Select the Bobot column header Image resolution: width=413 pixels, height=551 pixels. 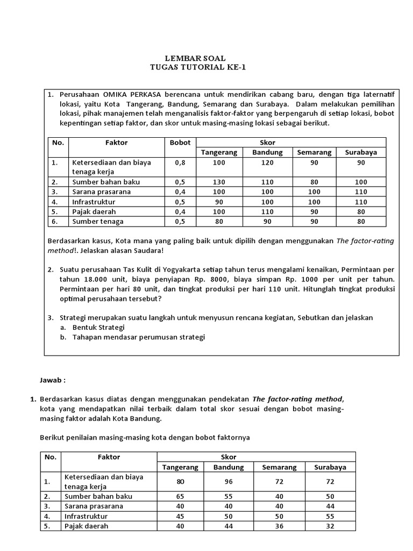pyautogui.click(x=180, y=143)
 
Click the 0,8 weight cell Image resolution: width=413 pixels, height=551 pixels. pyautogui.click(x=180, y=161)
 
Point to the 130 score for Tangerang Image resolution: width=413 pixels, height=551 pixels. pyautogui.click(x=219, y=182)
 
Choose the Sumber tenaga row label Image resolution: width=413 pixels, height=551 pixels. pyautogui.click(x=98, y=221)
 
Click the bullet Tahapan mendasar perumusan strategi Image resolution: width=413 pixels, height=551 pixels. pyautogui.click(x=138, y=337)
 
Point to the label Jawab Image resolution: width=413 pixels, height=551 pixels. pyautogui.click(x=53, y=379)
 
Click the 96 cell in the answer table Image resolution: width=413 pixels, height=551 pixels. pyautogui.click(x=229, y=482)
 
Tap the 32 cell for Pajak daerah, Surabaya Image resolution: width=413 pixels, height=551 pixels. pyautogui.click(x=330, y=526)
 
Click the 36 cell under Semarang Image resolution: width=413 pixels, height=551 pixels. pyautogui.click(x=279, y=526)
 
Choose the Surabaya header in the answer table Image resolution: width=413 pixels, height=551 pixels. pyautogui.click(x=330, y=467)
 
